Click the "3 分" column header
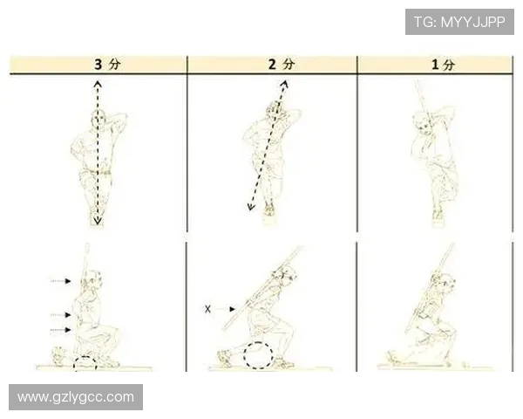click(x=107, y=64)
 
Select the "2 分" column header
click(x=282, y=64)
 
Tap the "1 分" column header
click(x=443, y=65)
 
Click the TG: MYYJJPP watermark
click(x=459, y=22)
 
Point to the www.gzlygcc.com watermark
click(x=76, y=397)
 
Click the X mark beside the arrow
click(x=207, y=309)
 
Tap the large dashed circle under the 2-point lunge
click(x=258, y=355)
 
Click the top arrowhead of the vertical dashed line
click(x=98, y=84)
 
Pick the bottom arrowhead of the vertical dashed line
click(x=98, y=221)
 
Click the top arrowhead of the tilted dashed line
click(x=284, y=84)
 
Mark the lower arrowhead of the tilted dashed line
click(x=251, y=207)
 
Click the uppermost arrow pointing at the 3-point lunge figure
click(x=60, y=281)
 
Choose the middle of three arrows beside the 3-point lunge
click(x=60, y=315)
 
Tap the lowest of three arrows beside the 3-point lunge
click(x=60, y=330)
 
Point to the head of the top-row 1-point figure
click(x=422, y=123)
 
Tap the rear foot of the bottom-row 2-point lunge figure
click(x=225, y=358)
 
